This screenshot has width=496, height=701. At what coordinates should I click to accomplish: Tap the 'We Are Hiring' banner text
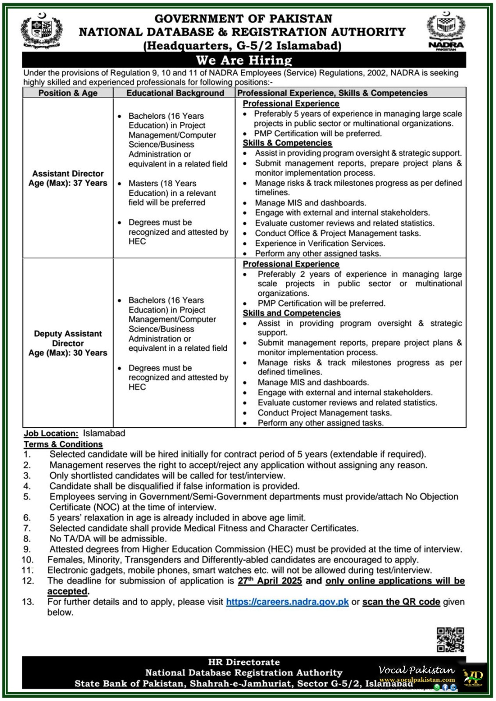[244, 60]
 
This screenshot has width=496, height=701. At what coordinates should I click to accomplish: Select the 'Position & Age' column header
[68, 93]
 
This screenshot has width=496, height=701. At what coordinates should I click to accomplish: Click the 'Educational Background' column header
[175, 93]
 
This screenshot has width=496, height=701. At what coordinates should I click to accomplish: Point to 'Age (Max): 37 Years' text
[68, 183]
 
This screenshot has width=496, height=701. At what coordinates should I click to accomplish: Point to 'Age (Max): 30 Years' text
[68, 353]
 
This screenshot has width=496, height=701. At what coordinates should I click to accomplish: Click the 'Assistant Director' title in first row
[68, 173]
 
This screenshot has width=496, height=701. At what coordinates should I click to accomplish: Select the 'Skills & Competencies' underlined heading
[287, 143]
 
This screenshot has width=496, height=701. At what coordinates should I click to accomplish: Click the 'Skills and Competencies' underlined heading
[292, 313]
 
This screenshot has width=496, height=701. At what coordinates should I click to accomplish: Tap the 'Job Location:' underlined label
[51, 433]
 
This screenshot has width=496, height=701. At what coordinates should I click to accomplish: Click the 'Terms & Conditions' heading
[63, 444]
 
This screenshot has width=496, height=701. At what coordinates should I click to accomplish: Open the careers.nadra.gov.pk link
[287, 602]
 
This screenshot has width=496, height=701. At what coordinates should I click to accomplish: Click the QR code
[450, 639]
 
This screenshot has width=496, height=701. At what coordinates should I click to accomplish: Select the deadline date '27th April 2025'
[270, 581]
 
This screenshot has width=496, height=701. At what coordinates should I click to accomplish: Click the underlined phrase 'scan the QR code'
[401, 602]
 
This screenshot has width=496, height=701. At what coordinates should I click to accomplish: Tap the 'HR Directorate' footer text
[244, 662]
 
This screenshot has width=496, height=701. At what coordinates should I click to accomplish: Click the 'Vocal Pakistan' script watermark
[417, 670]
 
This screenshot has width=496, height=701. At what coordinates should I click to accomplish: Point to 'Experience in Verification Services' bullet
[320, 244]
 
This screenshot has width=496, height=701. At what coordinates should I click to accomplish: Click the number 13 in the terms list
[28, 602]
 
